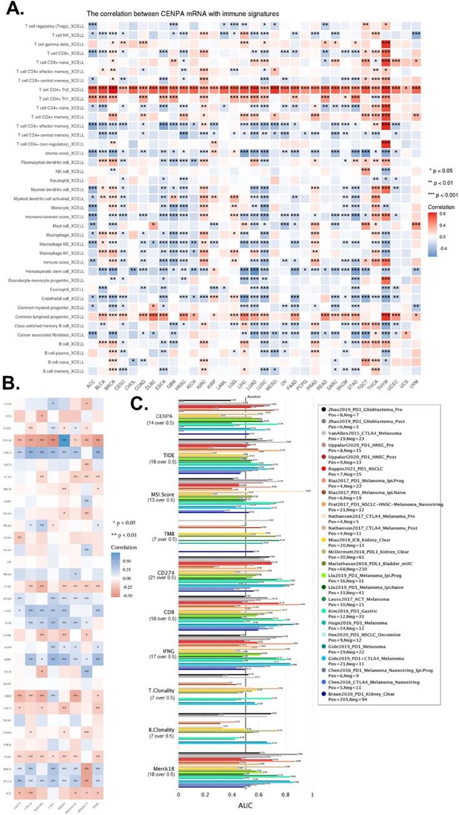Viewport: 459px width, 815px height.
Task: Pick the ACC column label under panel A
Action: pos(92,385)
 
